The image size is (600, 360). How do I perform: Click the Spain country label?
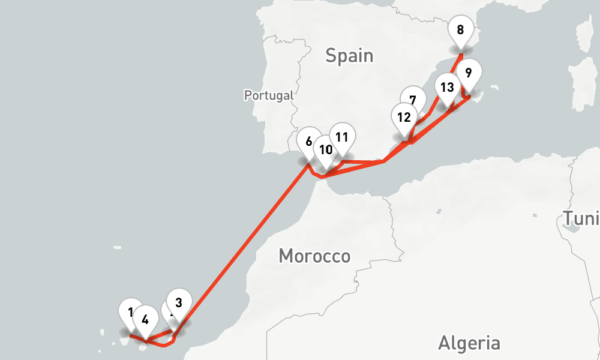point(349,56)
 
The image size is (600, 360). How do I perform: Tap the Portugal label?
point(269,95)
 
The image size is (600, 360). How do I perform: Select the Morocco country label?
point(314,256)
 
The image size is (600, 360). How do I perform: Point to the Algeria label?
point(469,343)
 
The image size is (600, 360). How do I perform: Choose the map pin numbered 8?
point(460,29)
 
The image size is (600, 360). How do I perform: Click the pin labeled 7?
point(412,100)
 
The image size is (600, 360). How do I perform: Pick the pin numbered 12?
point(404,117)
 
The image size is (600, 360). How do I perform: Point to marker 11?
point(341,137)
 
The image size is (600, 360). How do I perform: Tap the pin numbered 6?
point(308,142)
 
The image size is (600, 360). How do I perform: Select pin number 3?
point(178,302)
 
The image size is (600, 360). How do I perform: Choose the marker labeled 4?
point(145,319)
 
